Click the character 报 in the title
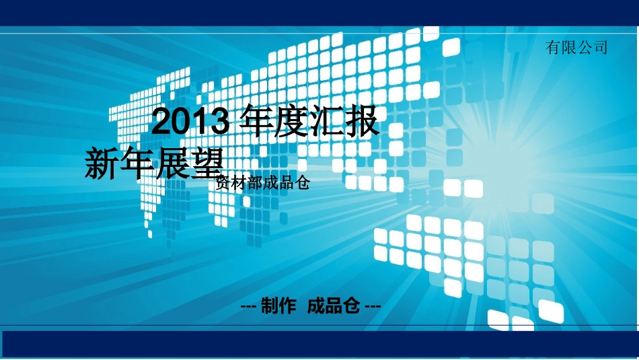[x=361, y=122]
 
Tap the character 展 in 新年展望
[x=173, y=164]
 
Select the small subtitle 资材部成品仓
[x=262, y=182]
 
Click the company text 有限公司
[x=576, y=47]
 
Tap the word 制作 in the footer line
[x=278, y=307]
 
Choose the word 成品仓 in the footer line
[x=334, y=307]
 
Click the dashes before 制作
[x=248, y=307]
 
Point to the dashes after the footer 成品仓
[x=372, y=307]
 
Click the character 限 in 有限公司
[x=569, y=47]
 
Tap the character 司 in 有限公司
[x=600, y=47]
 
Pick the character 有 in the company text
[x=554, y=47]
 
